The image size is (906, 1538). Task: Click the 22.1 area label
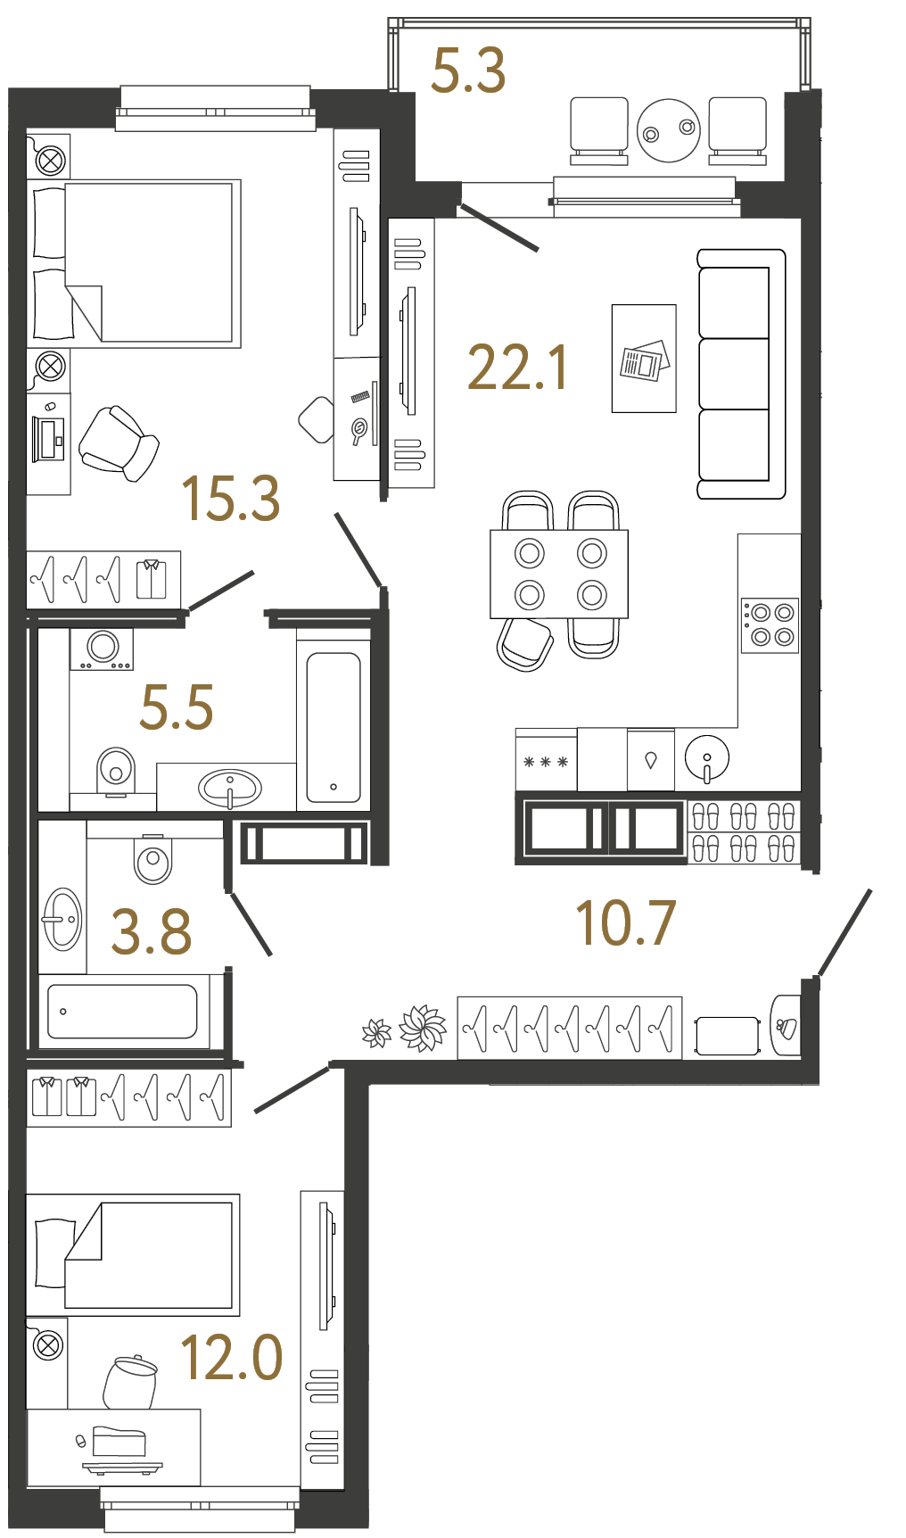517,368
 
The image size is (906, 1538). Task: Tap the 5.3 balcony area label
468,71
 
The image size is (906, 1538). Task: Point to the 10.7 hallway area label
626,923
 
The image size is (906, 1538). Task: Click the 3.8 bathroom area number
152,932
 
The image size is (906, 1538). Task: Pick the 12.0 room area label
232,1358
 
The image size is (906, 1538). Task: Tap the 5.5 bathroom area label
177,707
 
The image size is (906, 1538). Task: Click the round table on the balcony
669,130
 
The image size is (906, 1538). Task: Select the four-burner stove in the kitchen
770,624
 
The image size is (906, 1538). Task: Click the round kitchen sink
707,757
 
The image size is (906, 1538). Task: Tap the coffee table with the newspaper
644,359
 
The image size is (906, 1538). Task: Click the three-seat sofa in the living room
740,374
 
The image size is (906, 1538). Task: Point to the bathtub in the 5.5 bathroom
334,728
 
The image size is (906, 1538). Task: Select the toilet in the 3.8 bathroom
152,860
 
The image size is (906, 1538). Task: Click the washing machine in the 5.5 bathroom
102,649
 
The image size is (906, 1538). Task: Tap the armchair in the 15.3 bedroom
119,443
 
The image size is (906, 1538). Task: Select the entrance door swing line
844,933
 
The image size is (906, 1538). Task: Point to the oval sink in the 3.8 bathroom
62,919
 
